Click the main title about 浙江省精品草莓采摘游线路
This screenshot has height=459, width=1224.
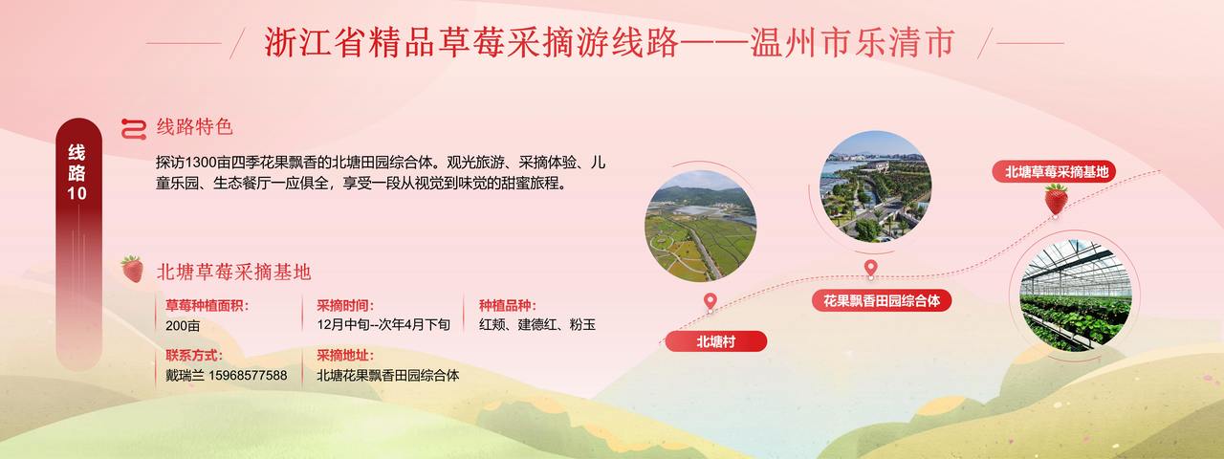pos(609,43)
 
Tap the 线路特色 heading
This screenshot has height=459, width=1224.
pos(195,127)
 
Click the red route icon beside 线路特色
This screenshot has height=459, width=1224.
pos(134,129)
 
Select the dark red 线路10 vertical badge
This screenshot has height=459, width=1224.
pos(78,244)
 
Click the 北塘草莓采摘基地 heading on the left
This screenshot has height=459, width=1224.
pos(234,272)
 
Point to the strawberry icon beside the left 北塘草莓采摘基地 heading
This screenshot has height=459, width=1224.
pos(132,269)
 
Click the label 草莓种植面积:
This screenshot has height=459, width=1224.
pos(208,305)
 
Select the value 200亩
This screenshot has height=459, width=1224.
pos(183,326)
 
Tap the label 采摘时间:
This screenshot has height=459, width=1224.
pos(345,305)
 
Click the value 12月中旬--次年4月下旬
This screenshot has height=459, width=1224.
pos(383,324)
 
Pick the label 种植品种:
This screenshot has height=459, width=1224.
pos(508,305)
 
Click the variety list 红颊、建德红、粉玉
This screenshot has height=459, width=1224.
pos(537,324)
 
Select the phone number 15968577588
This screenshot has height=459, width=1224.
pos(248,376)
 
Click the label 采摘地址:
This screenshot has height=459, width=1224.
pos(345,356)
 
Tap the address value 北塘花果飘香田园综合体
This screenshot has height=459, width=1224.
pos(388,376)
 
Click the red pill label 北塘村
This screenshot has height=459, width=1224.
pos(716,341)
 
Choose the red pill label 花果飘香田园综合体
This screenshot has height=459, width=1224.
pos(882,300)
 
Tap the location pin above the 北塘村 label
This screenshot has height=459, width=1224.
pos(710,301)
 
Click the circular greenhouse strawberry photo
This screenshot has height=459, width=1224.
pos(1076,295)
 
